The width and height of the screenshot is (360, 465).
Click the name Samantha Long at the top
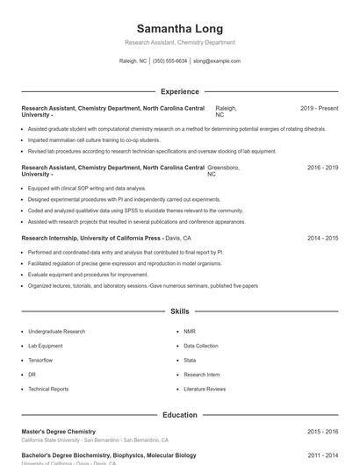click(x=180, y=29)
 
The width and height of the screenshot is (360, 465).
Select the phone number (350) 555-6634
click(x=170, y=61)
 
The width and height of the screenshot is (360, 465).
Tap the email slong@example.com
click(x=217, y=61)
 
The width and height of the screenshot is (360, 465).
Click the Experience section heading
click(x=180, y=91)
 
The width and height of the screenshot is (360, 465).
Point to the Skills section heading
click(x=180, y=311)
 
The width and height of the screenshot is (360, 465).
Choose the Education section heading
click(x=180, y=415)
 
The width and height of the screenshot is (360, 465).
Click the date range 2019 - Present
click(x=319, y=108)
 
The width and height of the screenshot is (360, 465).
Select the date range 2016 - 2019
click(x=322, y=167)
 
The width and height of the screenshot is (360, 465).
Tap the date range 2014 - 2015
click(x=322, y=238)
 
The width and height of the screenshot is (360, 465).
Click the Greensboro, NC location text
click(x=223, y=170)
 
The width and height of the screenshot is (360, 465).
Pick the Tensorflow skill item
click(x=40, y=360)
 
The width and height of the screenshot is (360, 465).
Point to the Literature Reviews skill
click(x=205, y=389)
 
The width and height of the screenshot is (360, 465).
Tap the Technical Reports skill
click(x=48, y=389)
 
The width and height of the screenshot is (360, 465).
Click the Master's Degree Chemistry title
click(x=58, y=432)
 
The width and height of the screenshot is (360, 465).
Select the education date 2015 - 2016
click(x=322, y=432)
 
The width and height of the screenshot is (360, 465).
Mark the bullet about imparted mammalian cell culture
click(x=94, y=139)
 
